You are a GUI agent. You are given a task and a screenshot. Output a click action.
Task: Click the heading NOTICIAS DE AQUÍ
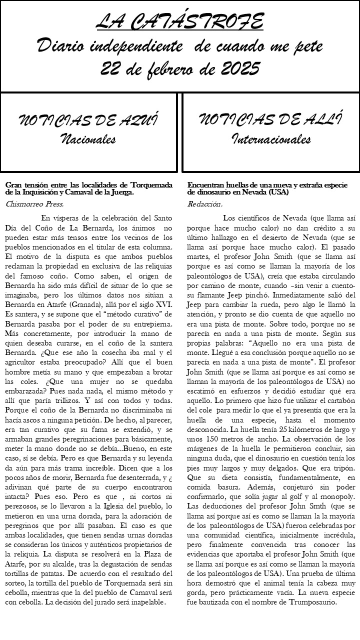pyautogui.click(x=88, y=120)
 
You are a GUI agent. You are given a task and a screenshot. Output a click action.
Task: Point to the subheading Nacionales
pyautogui.click(x=88, y=138)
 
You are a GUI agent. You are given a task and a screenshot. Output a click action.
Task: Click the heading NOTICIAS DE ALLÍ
pyautogui.click(x=270, y=120)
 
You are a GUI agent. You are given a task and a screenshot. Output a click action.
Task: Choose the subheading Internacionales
pyautogui.click(x=270, y=138)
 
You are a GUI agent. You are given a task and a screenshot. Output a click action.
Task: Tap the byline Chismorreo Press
pyautogui.click(x=34, y=204)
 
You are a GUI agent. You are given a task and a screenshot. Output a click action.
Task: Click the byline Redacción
pyautogui.click(x=205, y=204)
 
